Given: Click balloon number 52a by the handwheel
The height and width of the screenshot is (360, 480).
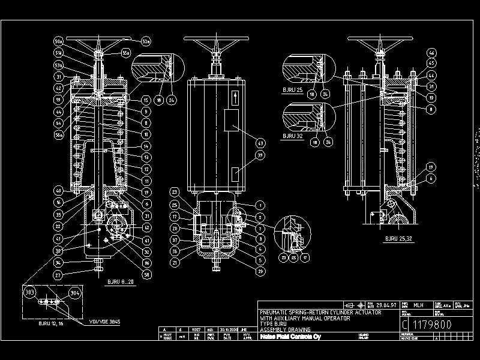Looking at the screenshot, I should (145, 41).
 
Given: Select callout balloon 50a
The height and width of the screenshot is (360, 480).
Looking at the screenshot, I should (59, 41).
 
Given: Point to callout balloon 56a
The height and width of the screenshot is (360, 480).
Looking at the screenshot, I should (59, 135).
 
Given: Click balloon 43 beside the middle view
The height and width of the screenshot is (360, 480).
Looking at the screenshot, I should (260, 143).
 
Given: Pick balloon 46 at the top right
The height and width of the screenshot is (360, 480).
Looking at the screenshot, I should (431, 53).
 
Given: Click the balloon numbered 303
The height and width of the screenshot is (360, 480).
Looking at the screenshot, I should (30, 292).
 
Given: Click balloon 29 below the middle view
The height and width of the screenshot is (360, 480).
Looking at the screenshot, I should (260, 271).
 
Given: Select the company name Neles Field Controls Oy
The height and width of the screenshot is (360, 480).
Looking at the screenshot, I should (290, 337).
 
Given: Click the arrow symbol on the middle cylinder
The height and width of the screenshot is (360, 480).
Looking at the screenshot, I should (235, 96).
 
